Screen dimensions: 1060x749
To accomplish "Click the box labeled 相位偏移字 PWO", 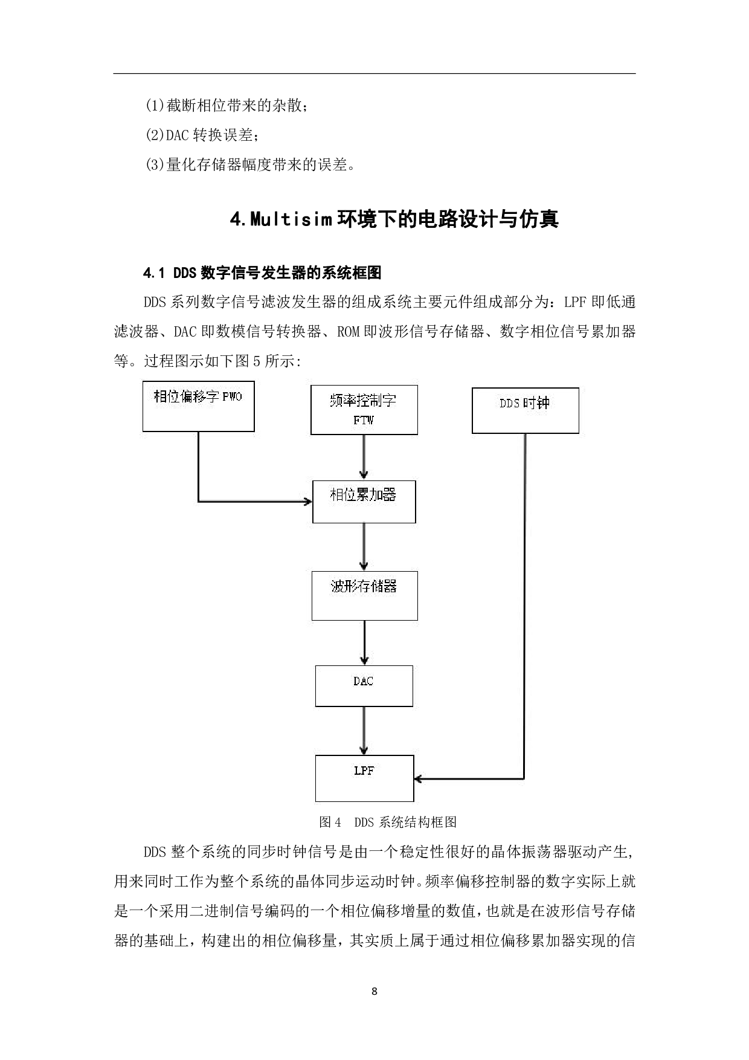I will (198, 406).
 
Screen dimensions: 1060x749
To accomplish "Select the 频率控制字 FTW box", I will (364, 410).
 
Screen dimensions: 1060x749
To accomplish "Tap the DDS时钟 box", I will (525, 410).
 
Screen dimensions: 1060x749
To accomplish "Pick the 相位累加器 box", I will (364, 502).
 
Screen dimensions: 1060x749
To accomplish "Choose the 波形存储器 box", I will (364, 595).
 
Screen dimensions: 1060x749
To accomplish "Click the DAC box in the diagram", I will (364, 686).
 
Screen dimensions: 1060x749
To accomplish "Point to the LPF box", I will (364, 778).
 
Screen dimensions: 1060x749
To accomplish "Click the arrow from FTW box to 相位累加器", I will (364, 457).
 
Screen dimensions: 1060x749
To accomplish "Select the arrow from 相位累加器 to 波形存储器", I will (364, 547).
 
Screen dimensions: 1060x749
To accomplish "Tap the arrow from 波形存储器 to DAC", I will (364, 642).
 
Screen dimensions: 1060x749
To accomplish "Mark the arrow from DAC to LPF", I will (364, 731).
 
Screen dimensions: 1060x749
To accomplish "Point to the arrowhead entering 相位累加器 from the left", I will (307, 502).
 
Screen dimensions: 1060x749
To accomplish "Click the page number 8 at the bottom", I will (374, 991).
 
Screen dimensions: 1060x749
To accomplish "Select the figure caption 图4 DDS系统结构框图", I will (388, 822).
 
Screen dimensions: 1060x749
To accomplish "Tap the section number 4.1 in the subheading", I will (154, 273).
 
